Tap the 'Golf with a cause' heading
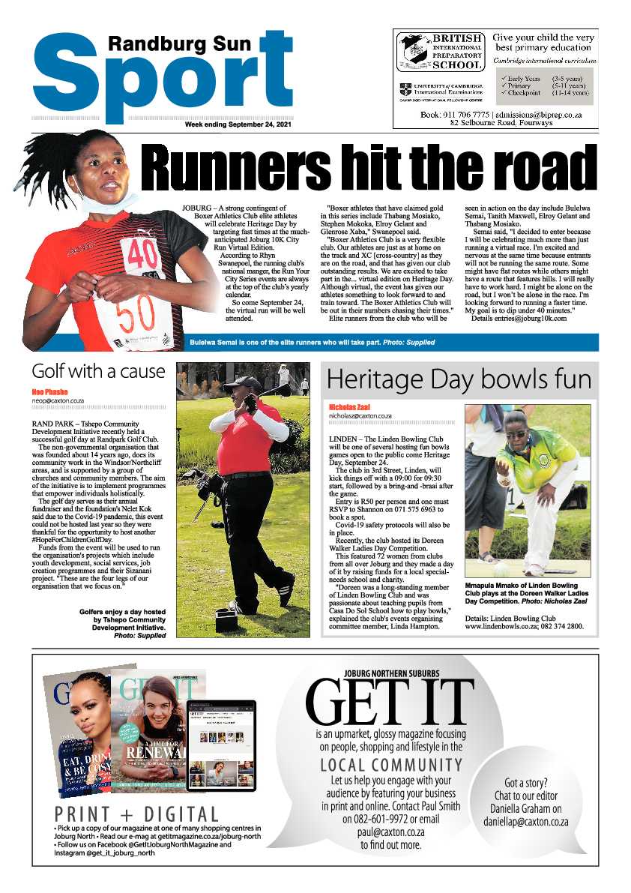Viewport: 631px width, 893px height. (98, 371)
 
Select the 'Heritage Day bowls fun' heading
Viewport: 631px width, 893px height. (459, 380)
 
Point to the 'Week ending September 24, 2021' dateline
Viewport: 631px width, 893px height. (238, 125)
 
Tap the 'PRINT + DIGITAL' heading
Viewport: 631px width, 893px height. (137, 814)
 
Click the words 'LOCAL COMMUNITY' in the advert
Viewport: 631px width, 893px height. (391, 765)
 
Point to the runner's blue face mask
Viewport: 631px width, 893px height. (113, 202)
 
